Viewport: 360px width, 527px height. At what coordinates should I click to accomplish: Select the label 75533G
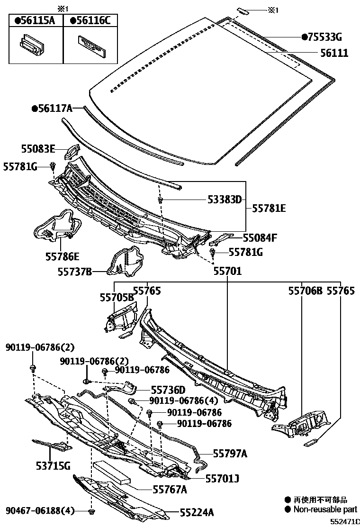click(x=324, y=37)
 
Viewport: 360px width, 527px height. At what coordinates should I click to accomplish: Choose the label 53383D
click(x=224, y=200)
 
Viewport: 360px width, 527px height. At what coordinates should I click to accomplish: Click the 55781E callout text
click(x=269, y=208)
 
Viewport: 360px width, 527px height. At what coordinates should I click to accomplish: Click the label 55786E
click(x=62, y=256)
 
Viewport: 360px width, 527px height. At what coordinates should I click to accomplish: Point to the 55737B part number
click(x=75, y=272)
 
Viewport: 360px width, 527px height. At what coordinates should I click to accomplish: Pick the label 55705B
click(x=117, y=297)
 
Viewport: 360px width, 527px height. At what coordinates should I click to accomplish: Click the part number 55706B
click(x=305, y=291)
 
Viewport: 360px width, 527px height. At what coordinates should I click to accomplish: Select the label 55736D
click(x=168, y=390)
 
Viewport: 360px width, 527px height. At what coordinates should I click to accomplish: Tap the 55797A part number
click(x=230, y=454)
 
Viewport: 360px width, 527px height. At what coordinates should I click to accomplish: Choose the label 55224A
click(x=197, y=512)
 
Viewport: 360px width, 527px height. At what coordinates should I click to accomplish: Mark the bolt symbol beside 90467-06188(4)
click(x=91, y=511)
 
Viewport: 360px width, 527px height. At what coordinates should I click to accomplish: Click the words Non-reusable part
click(x=325, y=510)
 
